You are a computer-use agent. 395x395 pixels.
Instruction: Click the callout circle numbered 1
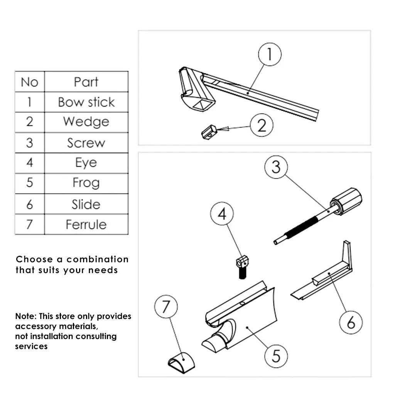click(x=269, y=54)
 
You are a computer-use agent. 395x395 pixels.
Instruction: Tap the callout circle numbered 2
click(x=262, y=125)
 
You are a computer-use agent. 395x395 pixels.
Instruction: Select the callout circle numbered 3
click(x=276, y=167)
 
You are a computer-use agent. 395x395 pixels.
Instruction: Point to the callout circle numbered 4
click(x=222, y=214)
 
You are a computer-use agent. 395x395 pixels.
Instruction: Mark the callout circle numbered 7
click(x=166, y=307)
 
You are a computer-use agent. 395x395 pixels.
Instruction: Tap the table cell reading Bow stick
click(x=86, y=102)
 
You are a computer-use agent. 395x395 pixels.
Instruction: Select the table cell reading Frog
click(x=86, y=183)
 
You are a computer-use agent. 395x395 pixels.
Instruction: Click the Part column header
click(x=86, y=82)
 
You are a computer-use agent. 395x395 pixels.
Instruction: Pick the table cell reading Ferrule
click(x=86, y=224)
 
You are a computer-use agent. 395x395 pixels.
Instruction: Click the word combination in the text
click(x=98, y=260)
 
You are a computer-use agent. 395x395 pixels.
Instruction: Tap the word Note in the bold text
click(x=25, y=317)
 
